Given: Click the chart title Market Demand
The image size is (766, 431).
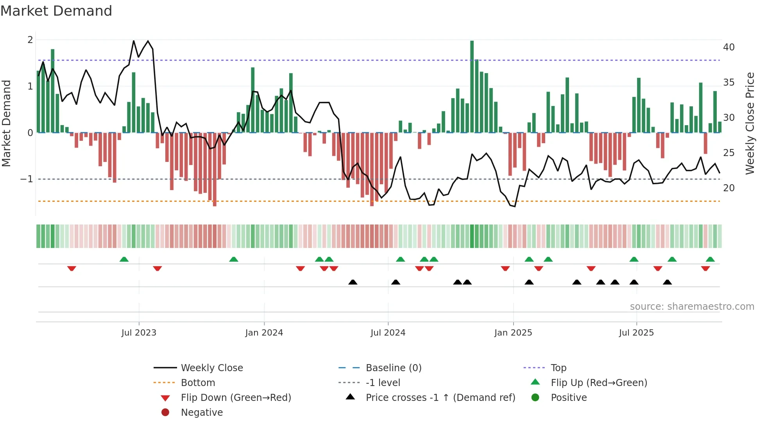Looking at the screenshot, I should [56, 11].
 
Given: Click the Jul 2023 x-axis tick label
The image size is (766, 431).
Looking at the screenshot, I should [139, 333].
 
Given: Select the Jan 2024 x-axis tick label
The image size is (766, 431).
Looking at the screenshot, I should [264, 333].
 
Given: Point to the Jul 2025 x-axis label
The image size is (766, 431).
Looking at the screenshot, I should [636, 333].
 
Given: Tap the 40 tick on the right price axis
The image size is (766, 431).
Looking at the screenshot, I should [728, 47].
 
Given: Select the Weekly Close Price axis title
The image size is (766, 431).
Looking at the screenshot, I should [750, 123].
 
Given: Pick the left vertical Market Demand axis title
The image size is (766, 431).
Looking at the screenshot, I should [7, 123].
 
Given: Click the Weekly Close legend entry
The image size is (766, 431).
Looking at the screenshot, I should [211, 368].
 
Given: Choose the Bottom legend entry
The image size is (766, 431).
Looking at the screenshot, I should [198, 383].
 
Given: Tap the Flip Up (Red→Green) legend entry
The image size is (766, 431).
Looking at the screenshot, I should [599, 383].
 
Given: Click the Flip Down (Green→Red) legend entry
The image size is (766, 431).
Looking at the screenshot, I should [236, 398].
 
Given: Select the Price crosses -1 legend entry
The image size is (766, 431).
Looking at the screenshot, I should [440, 398].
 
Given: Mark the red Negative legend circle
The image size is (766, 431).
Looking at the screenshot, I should [165, 413].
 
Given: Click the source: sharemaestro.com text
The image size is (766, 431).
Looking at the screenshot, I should [692, 307].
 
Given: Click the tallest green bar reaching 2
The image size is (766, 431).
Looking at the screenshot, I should [472, 86].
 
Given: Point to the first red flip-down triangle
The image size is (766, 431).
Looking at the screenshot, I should [72, 268].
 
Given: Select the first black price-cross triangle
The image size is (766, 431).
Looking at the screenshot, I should [353, 282].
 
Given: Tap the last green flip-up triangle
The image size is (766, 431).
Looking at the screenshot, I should [710, 259].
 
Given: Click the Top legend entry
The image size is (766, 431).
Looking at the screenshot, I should [558, 368].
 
